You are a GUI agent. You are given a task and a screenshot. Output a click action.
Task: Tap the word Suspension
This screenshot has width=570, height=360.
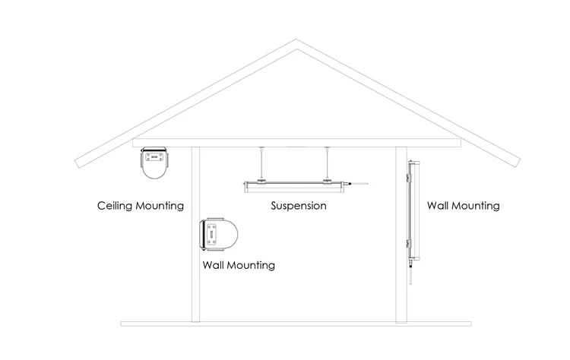click(299, 206)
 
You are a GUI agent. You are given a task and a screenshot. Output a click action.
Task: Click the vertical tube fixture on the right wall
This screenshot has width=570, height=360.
click(411, 209)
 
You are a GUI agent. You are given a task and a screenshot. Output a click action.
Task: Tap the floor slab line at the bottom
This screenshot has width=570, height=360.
click(296, 324)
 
